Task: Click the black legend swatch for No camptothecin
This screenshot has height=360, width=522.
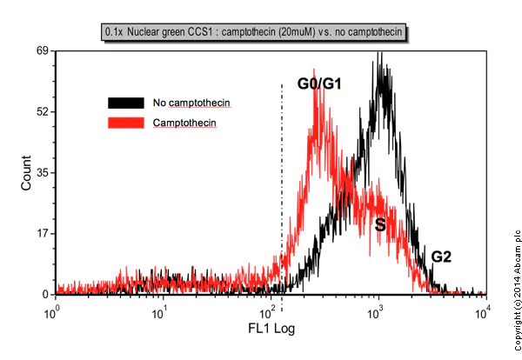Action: pyautogui.click(x=127, y=103)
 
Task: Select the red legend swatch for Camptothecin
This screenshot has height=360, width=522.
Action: pyautogui.click(x=127, y=123)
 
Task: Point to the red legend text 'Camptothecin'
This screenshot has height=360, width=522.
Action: pyautogui.click(x=184, y=123)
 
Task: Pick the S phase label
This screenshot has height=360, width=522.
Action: pyautogui.click(x=379, y=224)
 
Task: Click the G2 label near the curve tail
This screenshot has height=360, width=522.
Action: pyautogui.click(x=442, y=257)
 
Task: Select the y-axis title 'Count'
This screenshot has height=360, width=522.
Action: pyautogui.click(x=26, y=174)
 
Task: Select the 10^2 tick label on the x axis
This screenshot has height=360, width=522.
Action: pyautogui.click(x=268, y=310)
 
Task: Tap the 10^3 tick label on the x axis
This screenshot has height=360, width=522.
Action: pyautogui.click(x=376, y=310)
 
